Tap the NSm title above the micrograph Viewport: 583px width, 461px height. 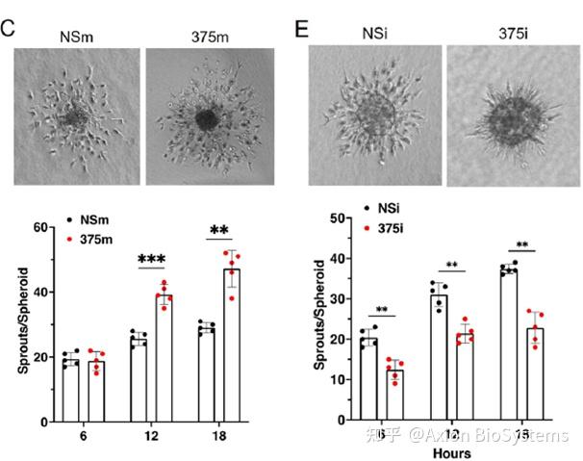pos(74,36)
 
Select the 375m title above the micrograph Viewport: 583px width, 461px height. pos(204,36)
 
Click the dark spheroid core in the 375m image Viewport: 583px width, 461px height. pos(205,120)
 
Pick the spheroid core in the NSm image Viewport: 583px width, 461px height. pos(74,120)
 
